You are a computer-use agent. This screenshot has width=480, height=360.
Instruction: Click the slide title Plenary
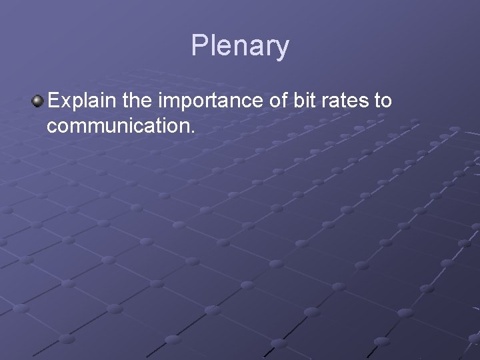(240, 46)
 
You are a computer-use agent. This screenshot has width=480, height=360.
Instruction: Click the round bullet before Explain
(37, 101)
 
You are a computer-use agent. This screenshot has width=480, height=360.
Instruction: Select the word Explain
(81, 101)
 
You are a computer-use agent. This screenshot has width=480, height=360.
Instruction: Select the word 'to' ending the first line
(383, 101)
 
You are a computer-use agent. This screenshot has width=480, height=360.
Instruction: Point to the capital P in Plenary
(199, 46)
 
